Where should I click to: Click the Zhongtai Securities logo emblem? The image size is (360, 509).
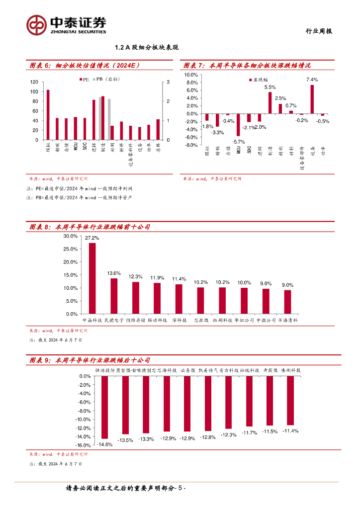click(36, 25)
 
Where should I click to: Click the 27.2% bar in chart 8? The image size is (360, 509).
click(92, 278)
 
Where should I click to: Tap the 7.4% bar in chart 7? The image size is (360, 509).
click(312, 99)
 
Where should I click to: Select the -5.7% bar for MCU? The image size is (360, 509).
click(238, 125)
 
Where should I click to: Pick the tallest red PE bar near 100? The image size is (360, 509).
click(48, 115)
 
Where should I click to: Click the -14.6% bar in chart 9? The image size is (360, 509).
click(104, 408)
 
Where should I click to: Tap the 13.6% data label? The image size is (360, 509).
click(114, 273)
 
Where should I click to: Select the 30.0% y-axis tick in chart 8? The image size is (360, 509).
click(70, 236)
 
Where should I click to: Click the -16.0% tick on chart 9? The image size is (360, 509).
click(83, 445)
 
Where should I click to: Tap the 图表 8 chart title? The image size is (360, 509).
click(90, 227)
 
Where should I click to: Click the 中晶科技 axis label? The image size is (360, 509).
click(92, 321)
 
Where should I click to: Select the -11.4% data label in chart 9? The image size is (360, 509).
click(290, 431)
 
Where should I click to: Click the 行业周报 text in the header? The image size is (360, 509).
click(318, 31)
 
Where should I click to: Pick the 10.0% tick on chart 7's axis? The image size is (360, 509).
click(191, 75)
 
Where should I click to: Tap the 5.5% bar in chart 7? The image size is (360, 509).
click(270, 103)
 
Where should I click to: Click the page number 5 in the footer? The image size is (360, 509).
click(181, 488)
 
